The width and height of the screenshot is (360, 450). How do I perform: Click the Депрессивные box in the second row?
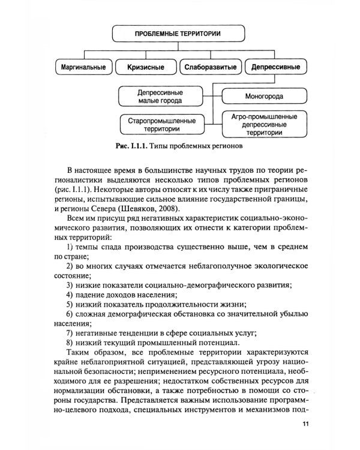pos(275,67)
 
